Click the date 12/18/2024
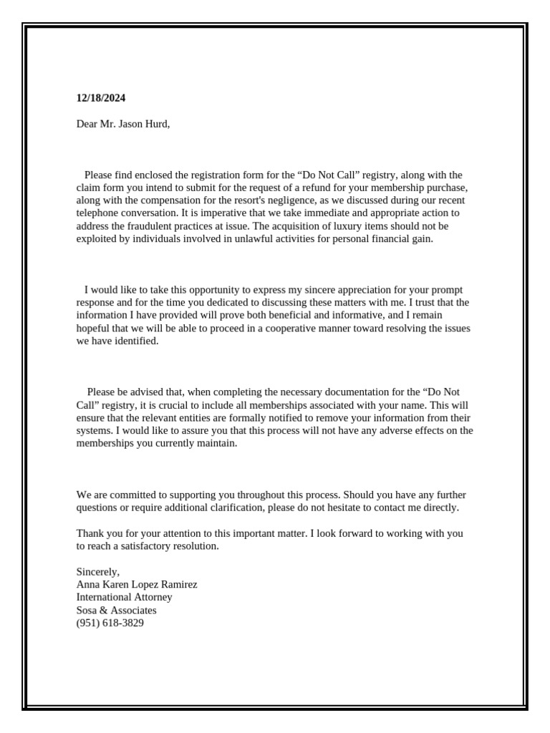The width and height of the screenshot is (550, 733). coord(101,98)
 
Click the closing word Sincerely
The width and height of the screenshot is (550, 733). coord(98,572)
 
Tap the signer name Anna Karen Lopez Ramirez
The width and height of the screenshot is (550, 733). coord(137,585)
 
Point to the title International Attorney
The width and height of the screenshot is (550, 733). coord(124,598)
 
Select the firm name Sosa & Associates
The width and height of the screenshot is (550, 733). coord(116,611)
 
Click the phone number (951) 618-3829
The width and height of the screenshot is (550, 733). coord(110,623)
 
